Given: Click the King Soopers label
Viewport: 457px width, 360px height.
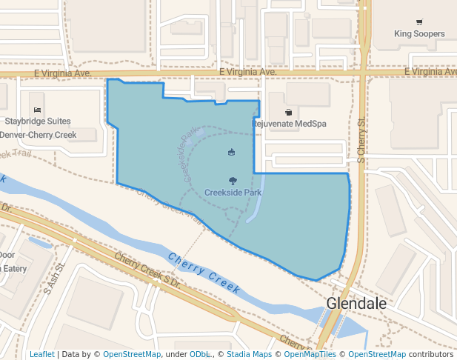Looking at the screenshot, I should click(419, 34).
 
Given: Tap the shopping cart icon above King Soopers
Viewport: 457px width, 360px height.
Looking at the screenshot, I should click(419, 22).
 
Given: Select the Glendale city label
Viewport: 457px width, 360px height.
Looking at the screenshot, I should click(356, 304).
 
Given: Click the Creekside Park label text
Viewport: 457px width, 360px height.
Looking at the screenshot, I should click(233, 193).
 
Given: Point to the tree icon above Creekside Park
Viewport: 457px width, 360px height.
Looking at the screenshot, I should click(233, 181).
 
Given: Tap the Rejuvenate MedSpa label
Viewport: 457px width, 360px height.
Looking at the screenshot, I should click(290, 124).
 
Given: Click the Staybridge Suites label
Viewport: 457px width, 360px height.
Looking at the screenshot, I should click(38, 121).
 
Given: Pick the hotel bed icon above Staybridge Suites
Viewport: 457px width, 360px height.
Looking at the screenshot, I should click(38, 110).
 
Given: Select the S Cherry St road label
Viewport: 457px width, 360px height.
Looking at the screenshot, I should click(361, 141).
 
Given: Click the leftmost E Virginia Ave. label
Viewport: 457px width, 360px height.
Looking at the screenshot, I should click(62, 73).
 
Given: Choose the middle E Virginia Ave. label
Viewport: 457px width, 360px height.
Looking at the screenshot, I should click(247, 72).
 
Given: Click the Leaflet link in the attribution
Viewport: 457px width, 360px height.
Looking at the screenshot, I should click(41, 355).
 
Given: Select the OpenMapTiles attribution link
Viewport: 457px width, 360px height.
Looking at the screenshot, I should click(310, 355).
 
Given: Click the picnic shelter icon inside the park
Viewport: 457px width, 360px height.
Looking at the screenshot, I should click(232, 153).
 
